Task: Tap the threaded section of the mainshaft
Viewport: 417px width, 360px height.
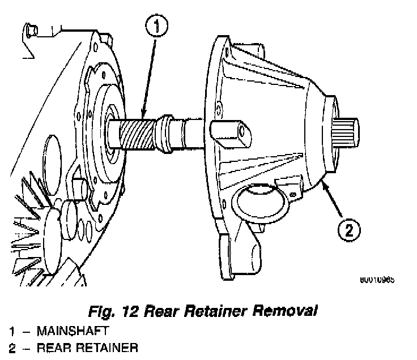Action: coord(139,135)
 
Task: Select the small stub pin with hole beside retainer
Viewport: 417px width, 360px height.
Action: coord(232,131)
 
